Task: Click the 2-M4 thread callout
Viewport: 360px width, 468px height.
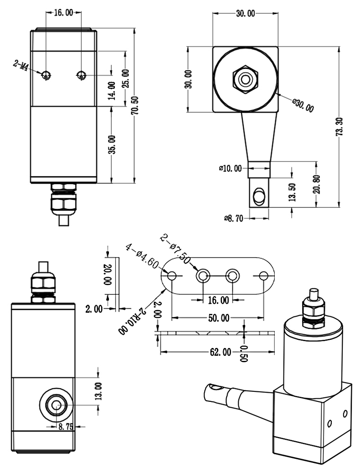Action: click(x=23, y=67)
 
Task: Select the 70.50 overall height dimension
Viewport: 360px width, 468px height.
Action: click(x=135, y=106)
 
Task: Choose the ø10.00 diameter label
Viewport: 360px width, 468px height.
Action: click(x=231, y=168)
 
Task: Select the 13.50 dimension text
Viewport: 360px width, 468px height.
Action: click(x=292, y=192)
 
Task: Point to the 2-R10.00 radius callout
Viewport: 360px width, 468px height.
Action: click(x=133, y=322)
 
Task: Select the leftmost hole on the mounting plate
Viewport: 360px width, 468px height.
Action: click(x=172, y=276)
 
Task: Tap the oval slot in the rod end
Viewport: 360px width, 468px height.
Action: click(x=258, y=195)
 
